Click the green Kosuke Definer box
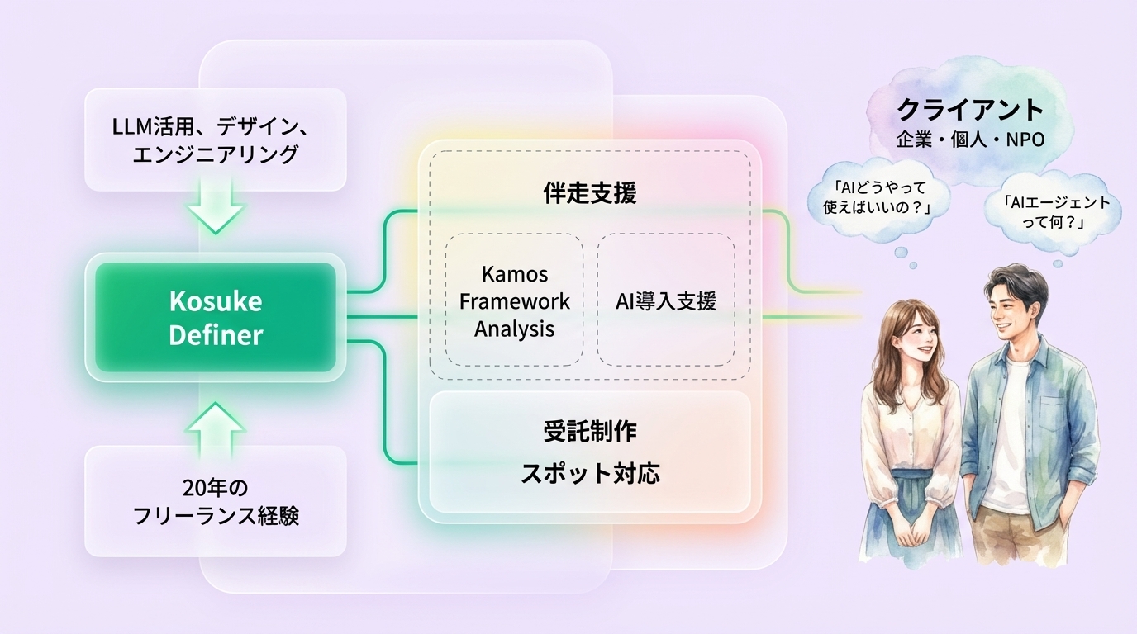coord(216,318)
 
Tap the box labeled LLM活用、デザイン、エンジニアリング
coord(216,140)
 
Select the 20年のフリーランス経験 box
coord(216,501)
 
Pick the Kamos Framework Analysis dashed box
coord(514,300)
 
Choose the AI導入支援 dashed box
coord(666,300)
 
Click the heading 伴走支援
coord(590,193)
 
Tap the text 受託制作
coord(590,431)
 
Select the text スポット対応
coord(590,474)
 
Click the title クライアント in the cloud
coord(970,110)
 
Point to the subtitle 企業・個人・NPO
coord(970,139)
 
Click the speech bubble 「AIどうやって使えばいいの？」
coord(878,198)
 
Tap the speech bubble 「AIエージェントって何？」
coord(1053,212)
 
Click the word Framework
coord(514,301)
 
